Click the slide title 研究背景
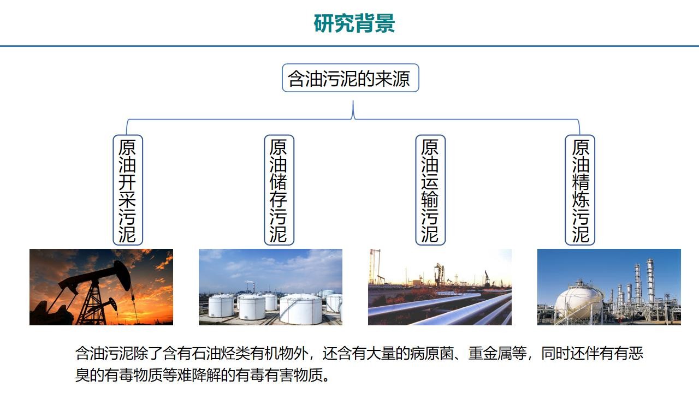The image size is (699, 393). [354, 23]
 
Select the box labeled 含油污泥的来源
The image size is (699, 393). [351, 78]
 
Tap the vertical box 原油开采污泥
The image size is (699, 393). [128, 190]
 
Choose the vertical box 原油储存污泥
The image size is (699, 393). [279, 190]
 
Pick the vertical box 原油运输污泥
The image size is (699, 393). [430, 190]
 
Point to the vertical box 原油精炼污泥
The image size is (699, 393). [580, 190]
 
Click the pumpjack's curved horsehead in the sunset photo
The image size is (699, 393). [122, 275]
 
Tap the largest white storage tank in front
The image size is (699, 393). [300, 309]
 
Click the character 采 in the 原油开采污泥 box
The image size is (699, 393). [127, 200]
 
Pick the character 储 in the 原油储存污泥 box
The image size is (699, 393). [279, 182]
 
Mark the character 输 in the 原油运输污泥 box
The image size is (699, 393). [430, 200]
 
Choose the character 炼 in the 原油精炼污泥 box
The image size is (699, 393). [580, 200]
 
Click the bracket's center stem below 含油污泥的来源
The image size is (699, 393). [353, 110]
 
